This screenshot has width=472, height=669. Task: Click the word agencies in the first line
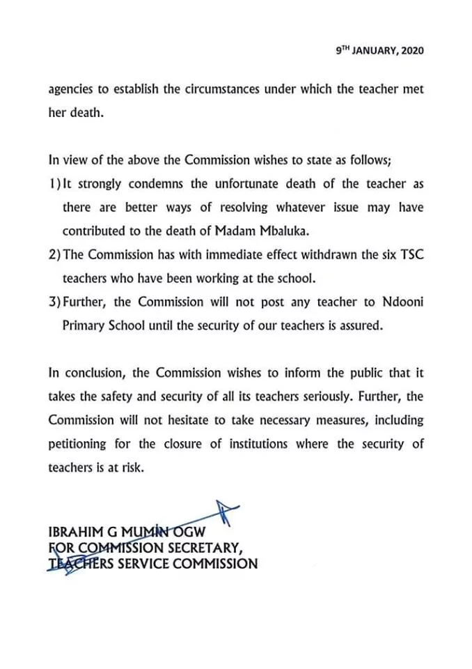(72, 90)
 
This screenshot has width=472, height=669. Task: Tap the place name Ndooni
(400, 302)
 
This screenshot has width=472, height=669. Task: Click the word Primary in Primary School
(84, 325)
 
